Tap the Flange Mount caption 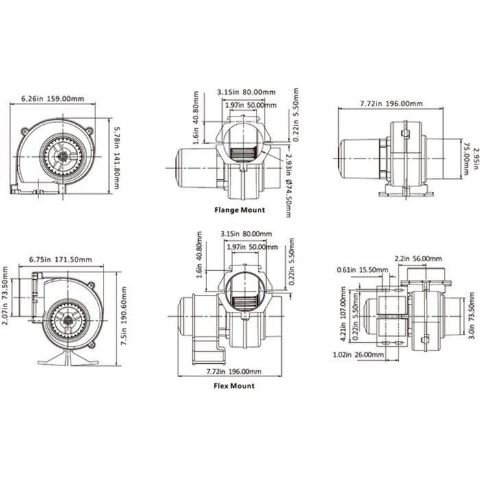click(239, 209)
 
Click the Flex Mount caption click(235, 385)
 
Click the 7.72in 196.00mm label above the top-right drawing click(392, 104)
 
